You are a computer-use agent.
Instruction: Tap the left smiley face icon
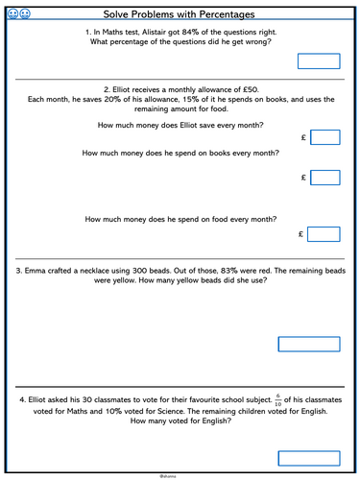click(12, 14)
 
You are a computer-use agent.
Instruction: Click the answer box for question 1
click(319, 61)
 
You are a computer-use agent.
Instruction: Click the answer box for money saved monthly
click(325, 138)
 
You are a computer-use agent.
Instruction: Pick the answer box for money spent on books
click(325, 178)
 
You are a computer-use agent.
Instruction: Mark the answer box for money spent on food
click(325, 234)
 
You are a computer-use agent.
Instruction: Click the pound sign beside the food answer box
click(302, 234)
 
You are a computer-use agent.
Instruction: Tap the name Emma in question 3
click(37, 272)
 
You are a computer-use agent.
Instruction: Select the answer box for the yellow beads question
click(308, 344)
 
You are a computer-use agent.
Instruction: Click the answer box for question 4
click(308, 458)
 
